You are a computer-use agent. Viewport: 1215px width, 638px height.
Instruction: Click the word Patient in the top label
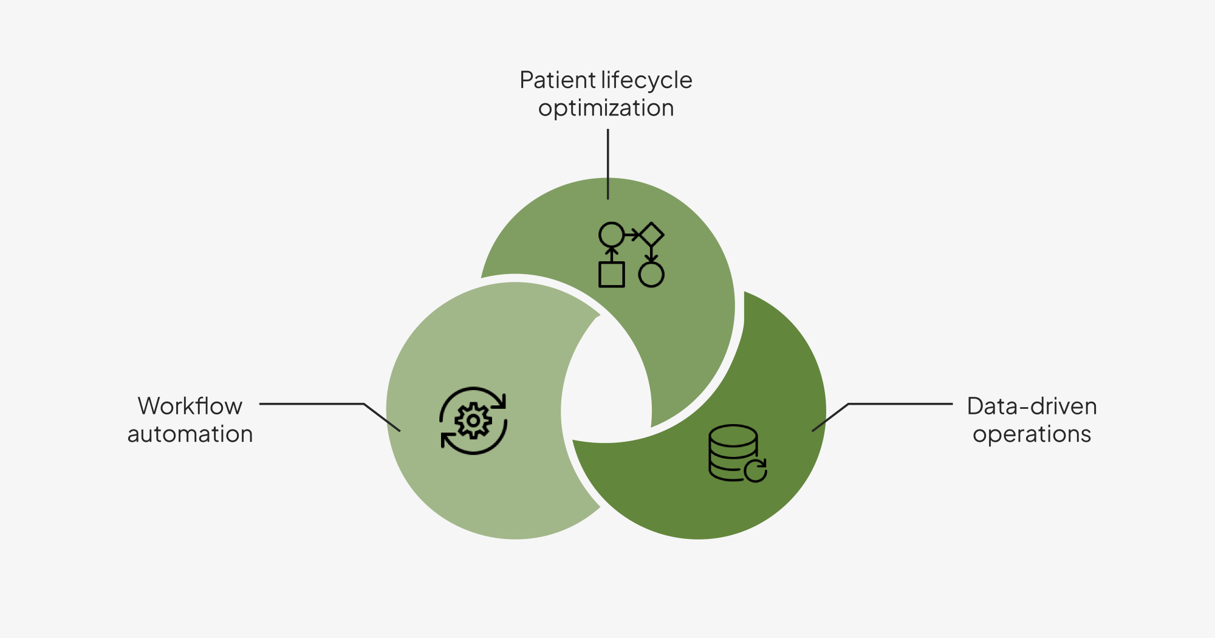[558, 80]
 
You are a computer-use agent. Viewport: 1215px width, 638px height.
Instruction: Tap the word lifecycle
[647, 80]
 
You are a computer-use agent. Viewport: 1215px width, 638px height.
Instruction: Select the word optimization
[606, 108]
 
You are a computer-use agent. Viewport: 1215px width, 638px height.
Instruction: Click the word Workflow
[190, 406]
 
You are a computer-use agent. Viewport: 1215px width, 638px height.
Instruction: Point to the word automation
[190, 434]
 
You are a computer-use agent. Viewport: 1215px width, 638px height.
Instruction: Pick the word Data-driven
[1032, 406]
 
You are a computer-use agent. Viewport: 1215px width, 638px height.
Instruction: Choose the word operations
[1032, 434]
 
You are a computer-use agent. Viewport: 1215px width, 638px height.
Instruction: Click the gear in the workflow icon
[473, 420]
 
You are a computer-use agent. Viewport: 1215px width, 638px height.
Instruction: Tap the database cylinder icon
[733, 452]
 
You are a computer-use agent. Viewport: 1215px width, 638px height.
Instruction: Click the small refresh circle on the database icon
[756, 470]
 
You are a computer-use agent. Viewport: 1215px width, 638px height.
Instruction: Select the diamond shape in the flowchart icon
[651, 235]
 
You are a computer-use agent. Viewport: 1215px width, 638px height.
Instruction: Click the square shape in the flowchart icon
[612, 275]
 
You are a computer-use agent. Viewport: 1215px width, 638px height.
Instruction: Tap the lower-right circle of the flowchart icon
[651, 275]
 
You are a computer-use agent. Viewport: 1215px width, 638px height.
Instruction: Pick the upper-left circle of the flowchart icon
[612, 235]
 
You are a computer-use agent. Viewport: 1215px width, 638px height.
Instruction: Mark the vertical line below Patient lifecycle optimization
[607, 164]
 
